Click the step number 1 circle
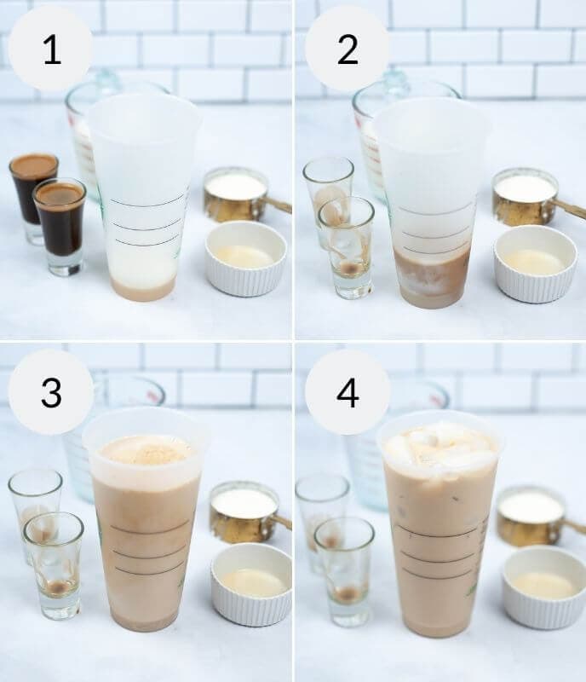point(51,49)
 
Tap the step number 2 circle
point(347,49)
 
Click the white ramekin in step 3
point(250,583)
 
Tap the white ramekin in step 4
point(543,587)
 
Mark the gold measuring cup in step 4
point(531,515)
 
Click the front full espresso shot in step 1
point(60,223)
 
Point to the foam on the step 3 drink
point(146,450)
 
